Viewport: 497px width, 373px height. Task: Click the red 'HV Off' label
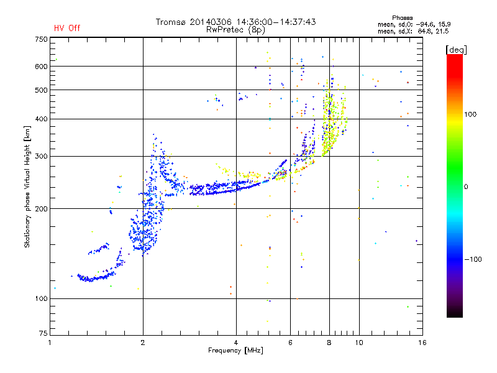(67, 28)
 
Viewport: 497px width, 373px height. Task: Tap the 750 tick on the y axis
(41, 39)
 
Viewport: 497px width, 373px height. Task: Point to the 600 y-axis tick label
(41, 67)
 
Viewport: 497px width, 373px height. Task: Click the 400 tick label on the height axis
(41, 119)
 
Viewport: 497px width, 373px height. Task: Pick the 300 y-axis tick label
(41, 156)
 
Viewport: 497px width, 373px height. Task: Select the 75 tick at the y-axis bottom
(42, 334)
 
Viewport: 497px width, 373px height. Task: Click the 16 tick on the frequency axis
(422, 343)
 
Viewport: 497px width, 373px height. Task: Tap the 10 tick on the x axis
(358, 343)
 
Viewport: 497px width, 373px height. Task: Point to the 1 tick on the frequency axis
(50, 343)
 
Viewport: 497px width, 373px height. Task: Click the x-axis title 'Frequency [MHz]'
(236, 351)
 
